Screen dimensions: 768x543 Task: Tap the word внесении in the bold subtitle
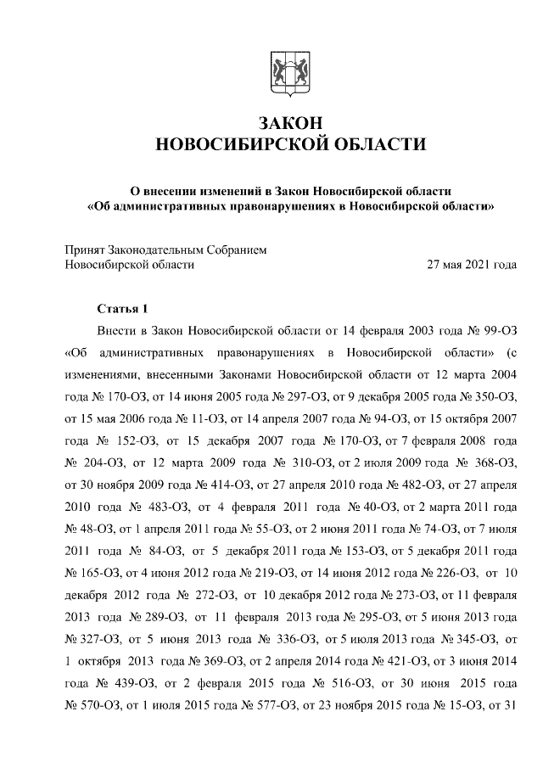coord(177,188)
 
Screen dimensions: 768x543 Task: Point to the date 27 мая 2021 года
coord(472,265)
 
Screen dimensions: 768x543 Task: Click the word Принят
coord(87,250)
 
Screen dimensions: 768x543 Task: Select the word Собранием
coord(238,250)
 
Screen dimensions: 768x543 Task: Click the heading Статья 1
coord(122,307)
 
